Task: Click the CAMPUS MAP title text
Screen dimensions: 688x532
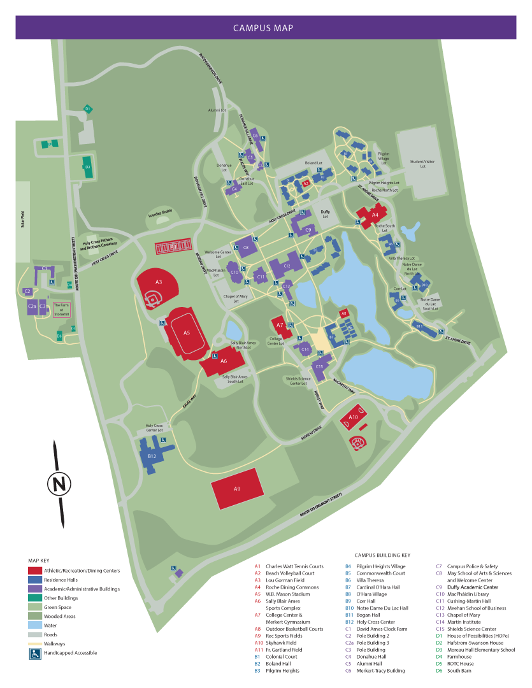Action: click(262, 28)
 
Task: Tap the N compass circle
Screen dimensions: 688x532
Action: click(59, 484)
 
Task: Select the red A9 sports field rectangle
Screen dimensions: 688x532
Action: click(237, 489)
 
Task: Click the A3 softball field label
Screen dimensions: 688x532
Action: click(159, 282)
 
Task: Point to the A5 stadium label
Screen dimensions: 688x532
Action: click(187, 333)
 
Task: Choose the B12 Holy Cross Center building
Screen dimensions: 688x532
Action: click(152, 456)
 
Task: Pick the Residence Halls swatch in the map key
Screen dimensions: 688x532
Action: click(36, 580)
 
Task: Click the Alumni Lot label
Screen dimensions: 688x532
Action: click(217, 110)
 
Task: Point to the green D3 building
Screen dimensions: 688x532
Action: click(87, 168)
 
